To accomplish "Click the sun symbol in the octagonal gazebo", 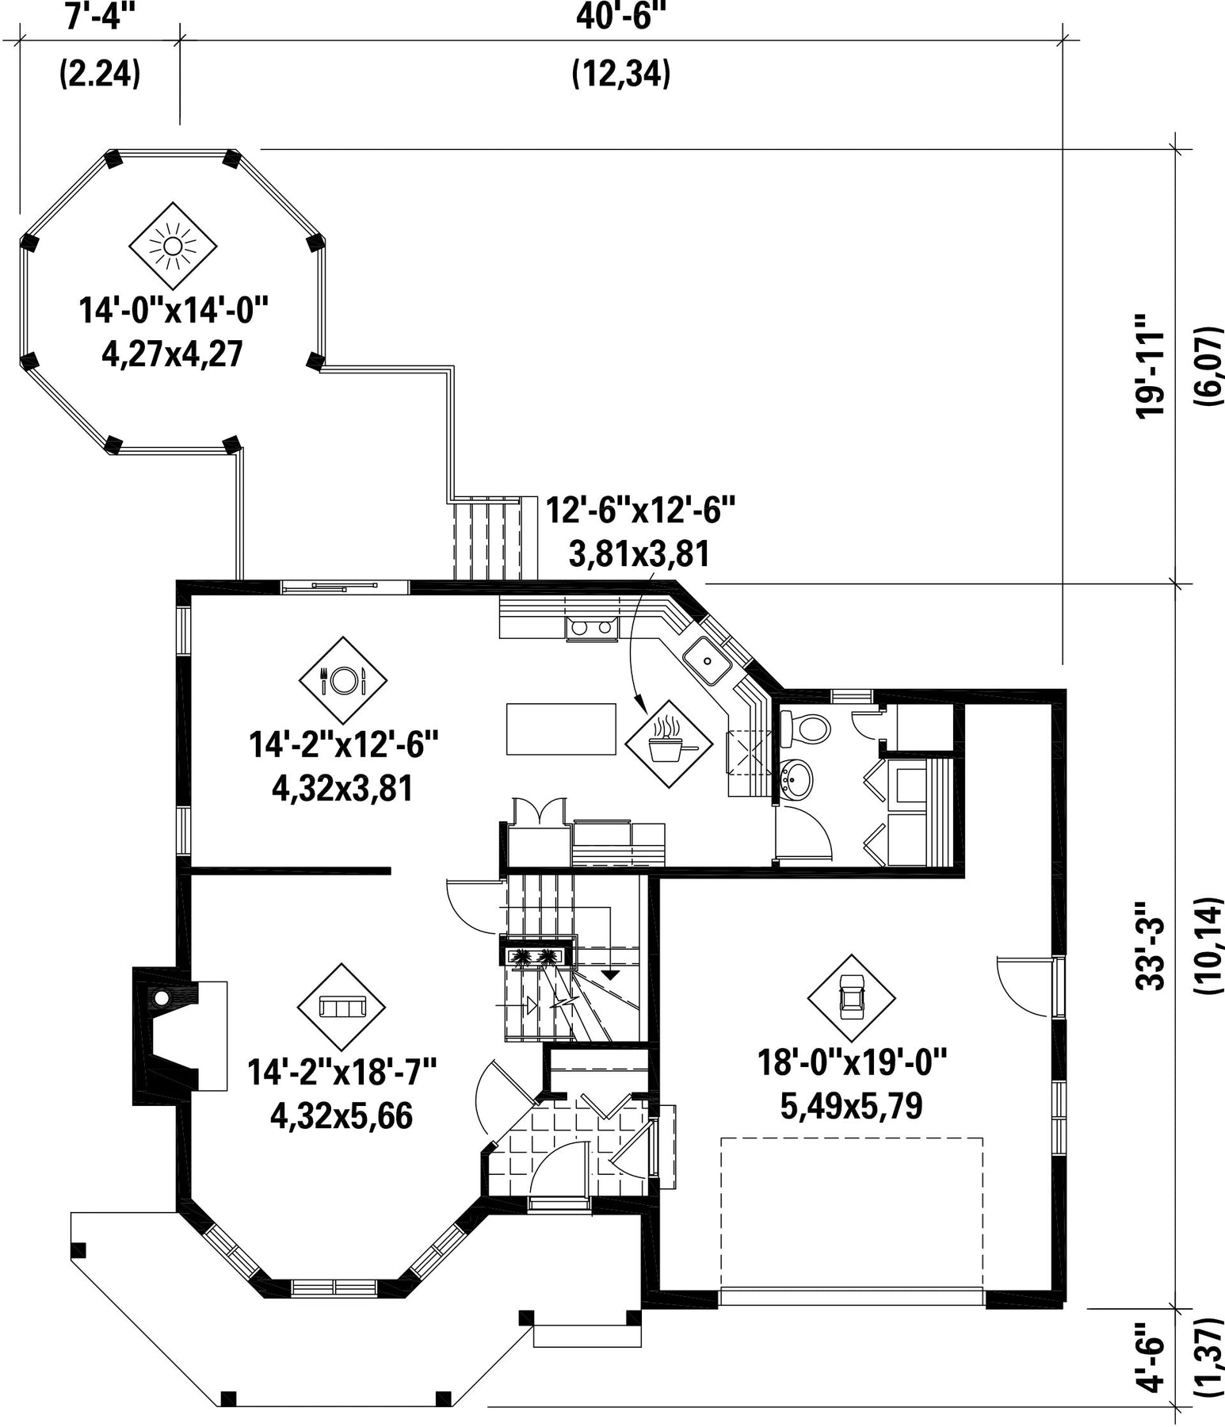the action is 172,246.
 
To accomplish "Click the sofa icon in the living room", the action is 342,1007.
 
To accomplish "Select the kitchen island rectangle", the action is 561,729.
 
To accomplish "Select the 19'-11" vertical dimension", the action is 1151,365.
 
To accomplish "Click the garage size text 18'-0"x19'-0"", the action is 853,1060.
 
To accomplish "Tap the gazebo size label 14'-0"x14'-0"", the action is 174,309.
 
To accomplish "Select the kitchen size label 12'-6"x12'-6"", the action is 641,509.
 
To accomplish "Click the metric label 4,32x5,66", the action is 342,1116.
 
